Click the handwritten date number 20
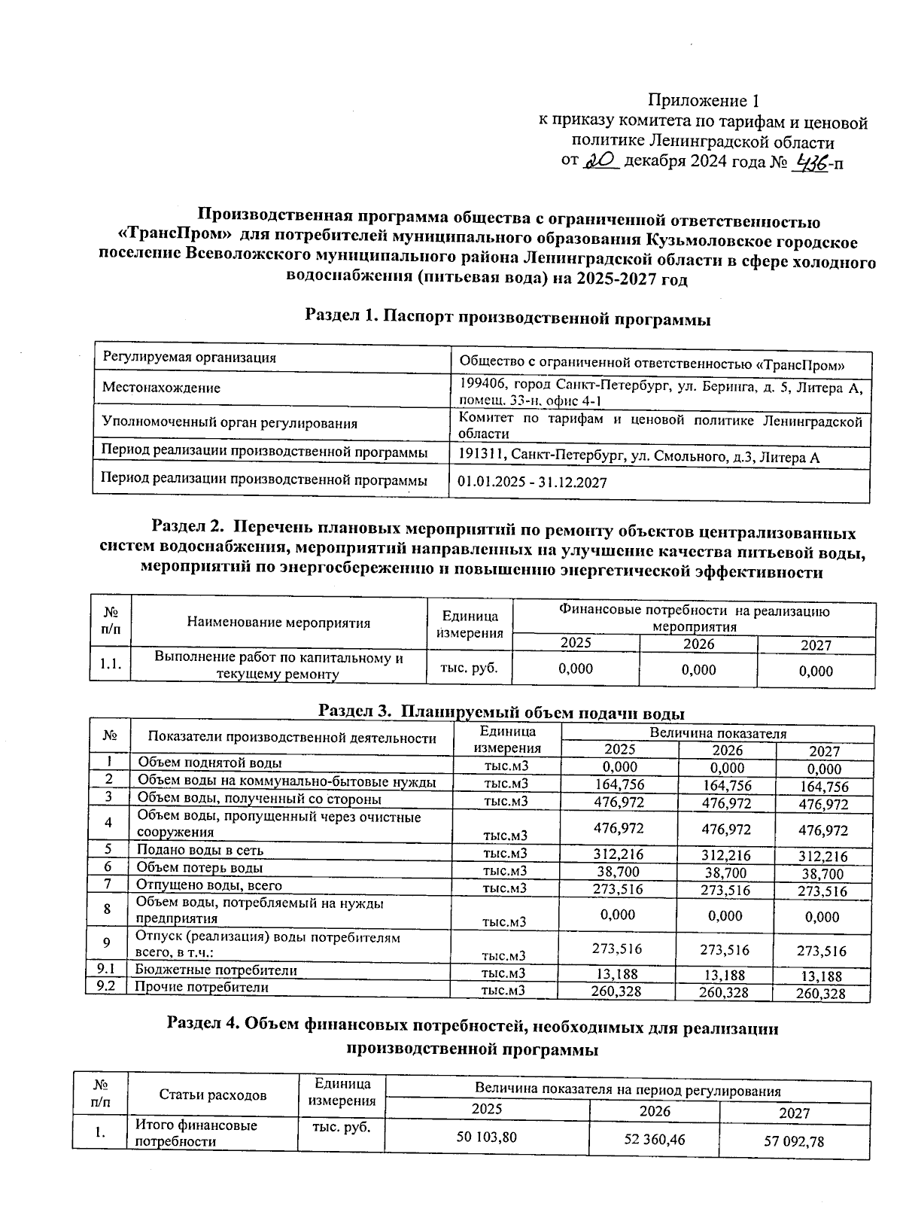tap(601, 160)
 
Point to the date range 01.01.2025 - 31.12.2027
tap(532, 482)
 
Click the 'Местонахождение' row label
tap(161, 388)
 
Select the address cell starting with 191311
tap(639, 457)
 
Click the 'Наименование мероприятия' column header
tap(278, 623)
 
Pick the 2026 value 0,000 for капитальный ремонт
tap(698, 669)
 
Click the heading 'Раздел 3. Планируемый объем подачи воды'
tap(501, 711)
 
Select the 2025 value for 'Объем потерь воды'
tap(619, 872)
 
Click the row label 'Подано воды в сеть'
tap(199, 850)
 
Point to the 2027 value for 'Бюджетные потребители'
tap(821, 976)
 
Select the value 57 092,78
tap(794, 1141)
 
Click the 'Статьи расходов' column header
tap(213, 1095)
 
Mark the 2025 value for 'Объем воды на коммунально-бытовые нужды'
tap(619, 784)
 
